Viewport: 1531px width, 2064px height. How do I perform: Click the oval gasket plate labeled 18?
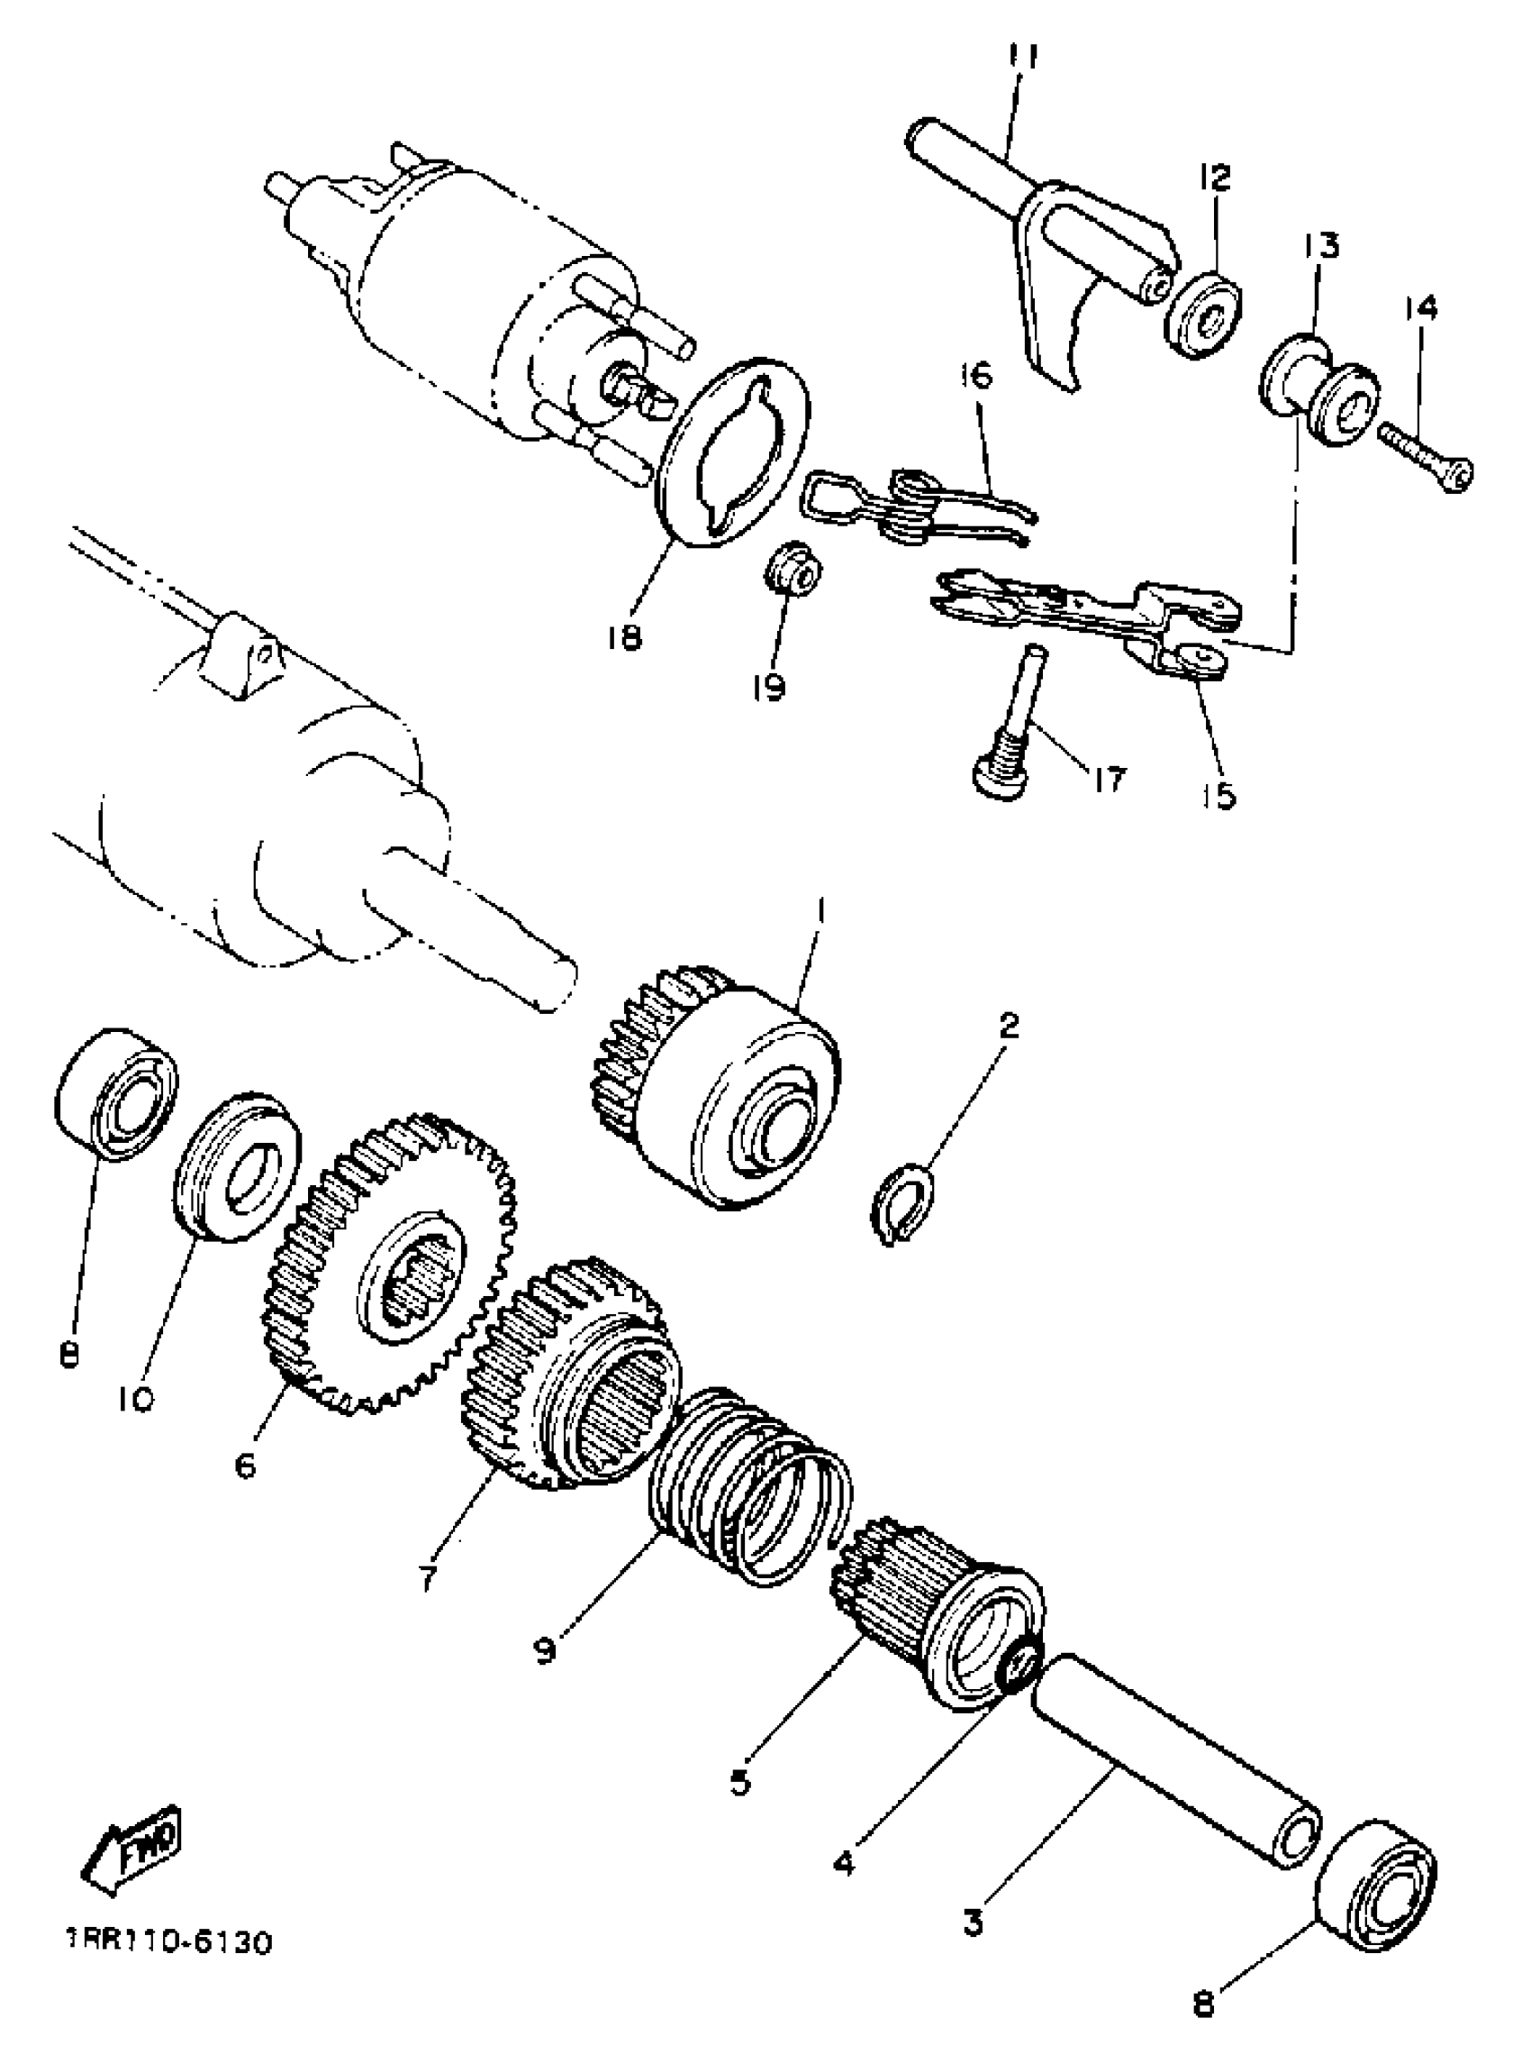point(732,454)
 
